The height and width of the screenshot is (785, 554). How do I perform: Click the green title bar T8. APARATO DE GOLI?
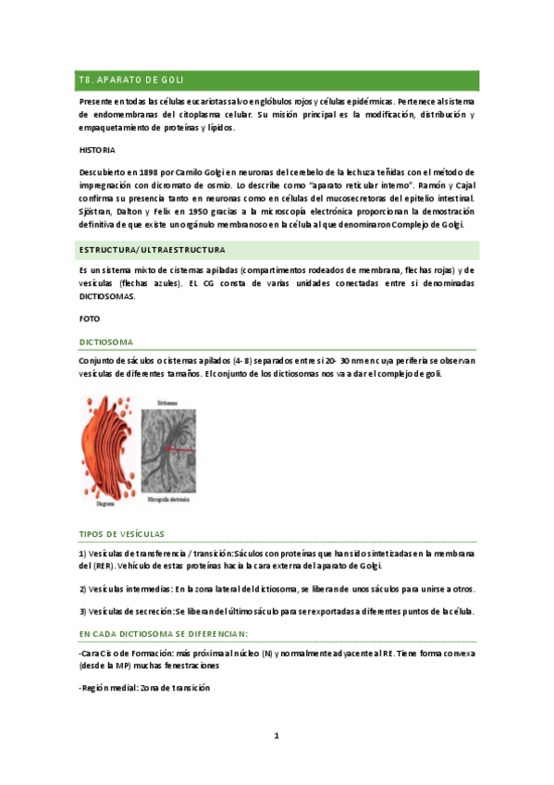[277, 81]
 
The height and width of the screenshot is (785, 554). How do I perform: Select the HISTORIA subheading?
[97, 149]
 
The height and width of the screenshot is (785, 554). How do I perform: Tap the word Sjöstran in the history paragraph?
[97, 212]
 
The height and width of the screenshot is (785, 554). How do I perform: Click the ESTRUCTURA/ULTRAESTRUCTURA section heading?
[152, 250]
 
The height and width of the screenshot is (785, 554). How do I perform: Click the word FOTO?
[90, 318]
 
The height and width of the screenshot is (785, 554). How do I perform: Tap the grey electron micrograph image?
[167, 444]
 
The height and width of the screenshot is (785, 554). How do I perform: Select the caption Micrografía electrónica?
[167, 499]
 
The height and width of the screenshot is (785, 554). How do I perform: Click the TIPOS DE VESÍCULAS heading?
[122, 534]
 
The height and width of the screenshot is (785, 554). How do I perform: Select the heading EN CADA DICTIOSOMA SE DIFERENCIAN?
[162, 634]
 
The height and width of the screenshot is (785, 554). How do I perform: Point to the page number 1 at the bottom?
[276, 736]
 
